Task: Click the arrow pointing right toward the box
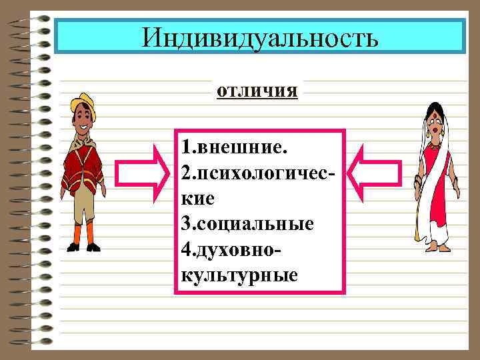coord(144,175)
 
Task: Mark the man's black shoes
coord(83,247)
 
